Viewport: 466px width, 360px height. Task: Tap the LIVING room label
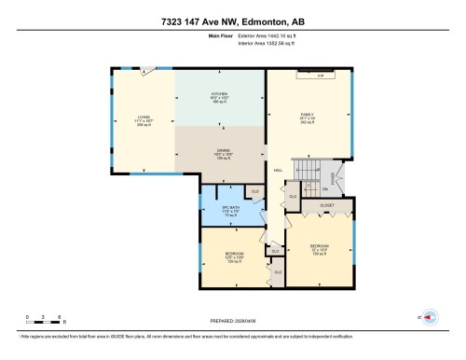pyautogui.click(x=144, y=118)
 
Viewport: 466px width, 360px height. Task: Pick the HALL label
pyautogui.click(x=278, y=170)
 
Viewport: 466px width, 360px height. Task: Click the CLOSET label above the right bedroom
pyautogui.click(x=327, y=204)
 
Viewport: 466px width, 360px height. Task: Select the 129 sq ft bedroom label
pyautogui.click(x=236, y=255)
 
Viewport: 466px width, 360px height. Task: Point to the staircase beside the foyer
pyautogui.click(x=308, y=170)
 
